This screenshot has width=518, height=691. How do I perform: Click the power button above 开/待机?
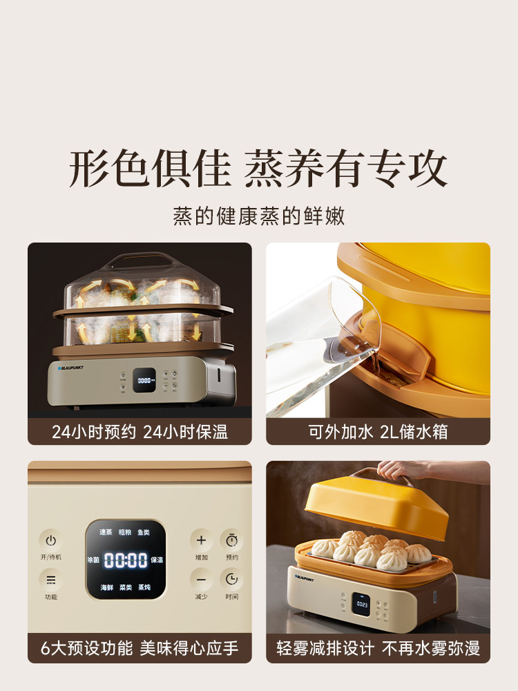pyautogui.click(x=50, y=541)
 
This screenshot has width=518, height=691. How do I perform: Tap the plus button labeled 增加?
pyautogui.click(x=201, y=540)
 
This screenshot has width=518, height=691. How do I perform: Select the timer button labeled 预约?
pyautogui.click(x=231, y=540)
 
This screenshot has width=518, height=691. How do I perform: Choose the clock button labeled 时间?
pyautogui.click(x=231, y=579)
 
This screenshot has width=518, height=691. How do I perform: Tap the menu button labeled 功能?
pyautogui.click(x=50, y=580)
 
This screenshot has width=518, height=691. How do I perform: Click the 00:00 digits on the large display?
pyautogui.click(x=126, y=560)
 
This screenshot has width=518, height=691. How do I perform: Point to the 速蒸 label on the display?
pyautogui.click(x=106, y=532)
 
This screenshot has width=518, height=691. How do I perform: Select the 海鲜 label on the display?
pyautogui.click(x=106, y=587)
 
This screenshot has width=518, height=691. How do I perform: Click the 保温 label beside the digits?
pyautogui.click(x=157, y=560)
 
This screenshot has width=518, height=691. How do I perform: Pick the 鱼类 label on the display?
pyautogui.click(x=144, y=532)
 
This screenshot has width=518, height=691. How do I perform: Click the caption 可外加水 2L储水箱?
pyautogui.click(x=378, y=432)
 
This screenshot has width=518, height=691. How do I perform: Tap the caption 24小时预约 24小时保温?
pyautogui.click(x=140, y=432)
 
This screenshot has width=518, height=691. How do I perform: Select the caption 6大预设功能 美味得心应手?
pyautogui.click(x=140, y=648)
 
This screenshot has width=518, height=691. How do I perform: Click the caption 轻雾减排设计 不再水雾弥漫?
pyautogui.click(x=378, y=648)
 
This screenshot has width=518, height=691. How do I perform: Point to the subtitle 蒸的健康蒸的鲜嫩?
pyautogui.click(x=259, y=216)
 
